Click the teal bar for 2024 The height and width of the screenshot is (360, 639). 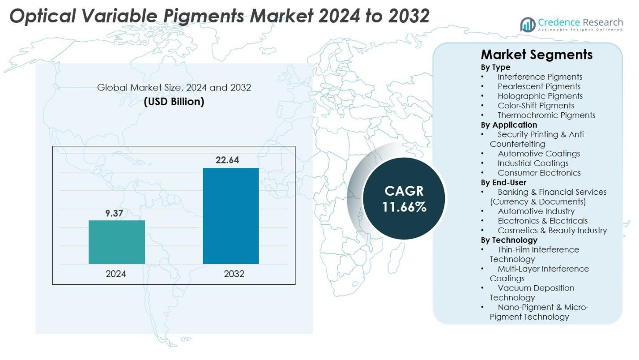click(x=117, y=242)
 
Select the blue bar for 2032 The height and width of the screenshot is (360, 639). click(x=230, y=216)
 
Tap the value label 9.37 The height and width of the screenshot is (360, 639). click(x=114, y=214)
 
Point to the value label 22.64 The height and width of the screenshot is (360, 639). click(x=227, y=160)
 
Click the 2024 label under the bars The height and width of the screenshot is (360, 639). click(x=116, y=274)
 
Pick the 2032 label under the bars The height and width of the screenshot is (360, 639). click(x=234, y=274)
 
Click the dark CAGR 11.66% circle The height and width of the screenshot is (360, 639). click(x=404, y=198)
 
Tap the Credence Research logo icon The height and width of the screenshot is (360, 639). click(x=528, y=25)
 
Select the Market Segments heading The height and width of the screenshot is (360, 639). click(x=537, y=55)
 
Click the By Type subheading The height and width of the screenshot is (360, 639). click(x=495, y=67)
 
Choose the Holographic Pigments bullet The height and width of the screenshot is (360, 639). click(x=540, y=96)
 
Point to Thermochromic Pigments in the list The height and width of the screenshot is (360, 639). click(x=546, y=115)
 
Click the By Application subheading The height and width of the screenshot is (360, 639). click(x=509, y=125)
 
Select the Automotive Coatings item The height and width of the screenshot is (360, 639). click(x=539, y=154)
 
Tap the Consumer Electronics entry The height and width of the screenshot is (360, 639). click(x=539, y=173)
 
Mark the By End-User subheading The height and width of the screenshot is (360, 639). click(x=503, y=182)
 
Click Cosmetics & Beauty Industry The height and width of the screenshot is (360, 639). click(x=552, y=231)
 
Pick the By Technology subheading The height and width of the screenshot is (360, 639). click(x=509, y=240)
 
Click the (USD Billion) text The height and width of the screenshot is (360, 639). click(x=174, y=102)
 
